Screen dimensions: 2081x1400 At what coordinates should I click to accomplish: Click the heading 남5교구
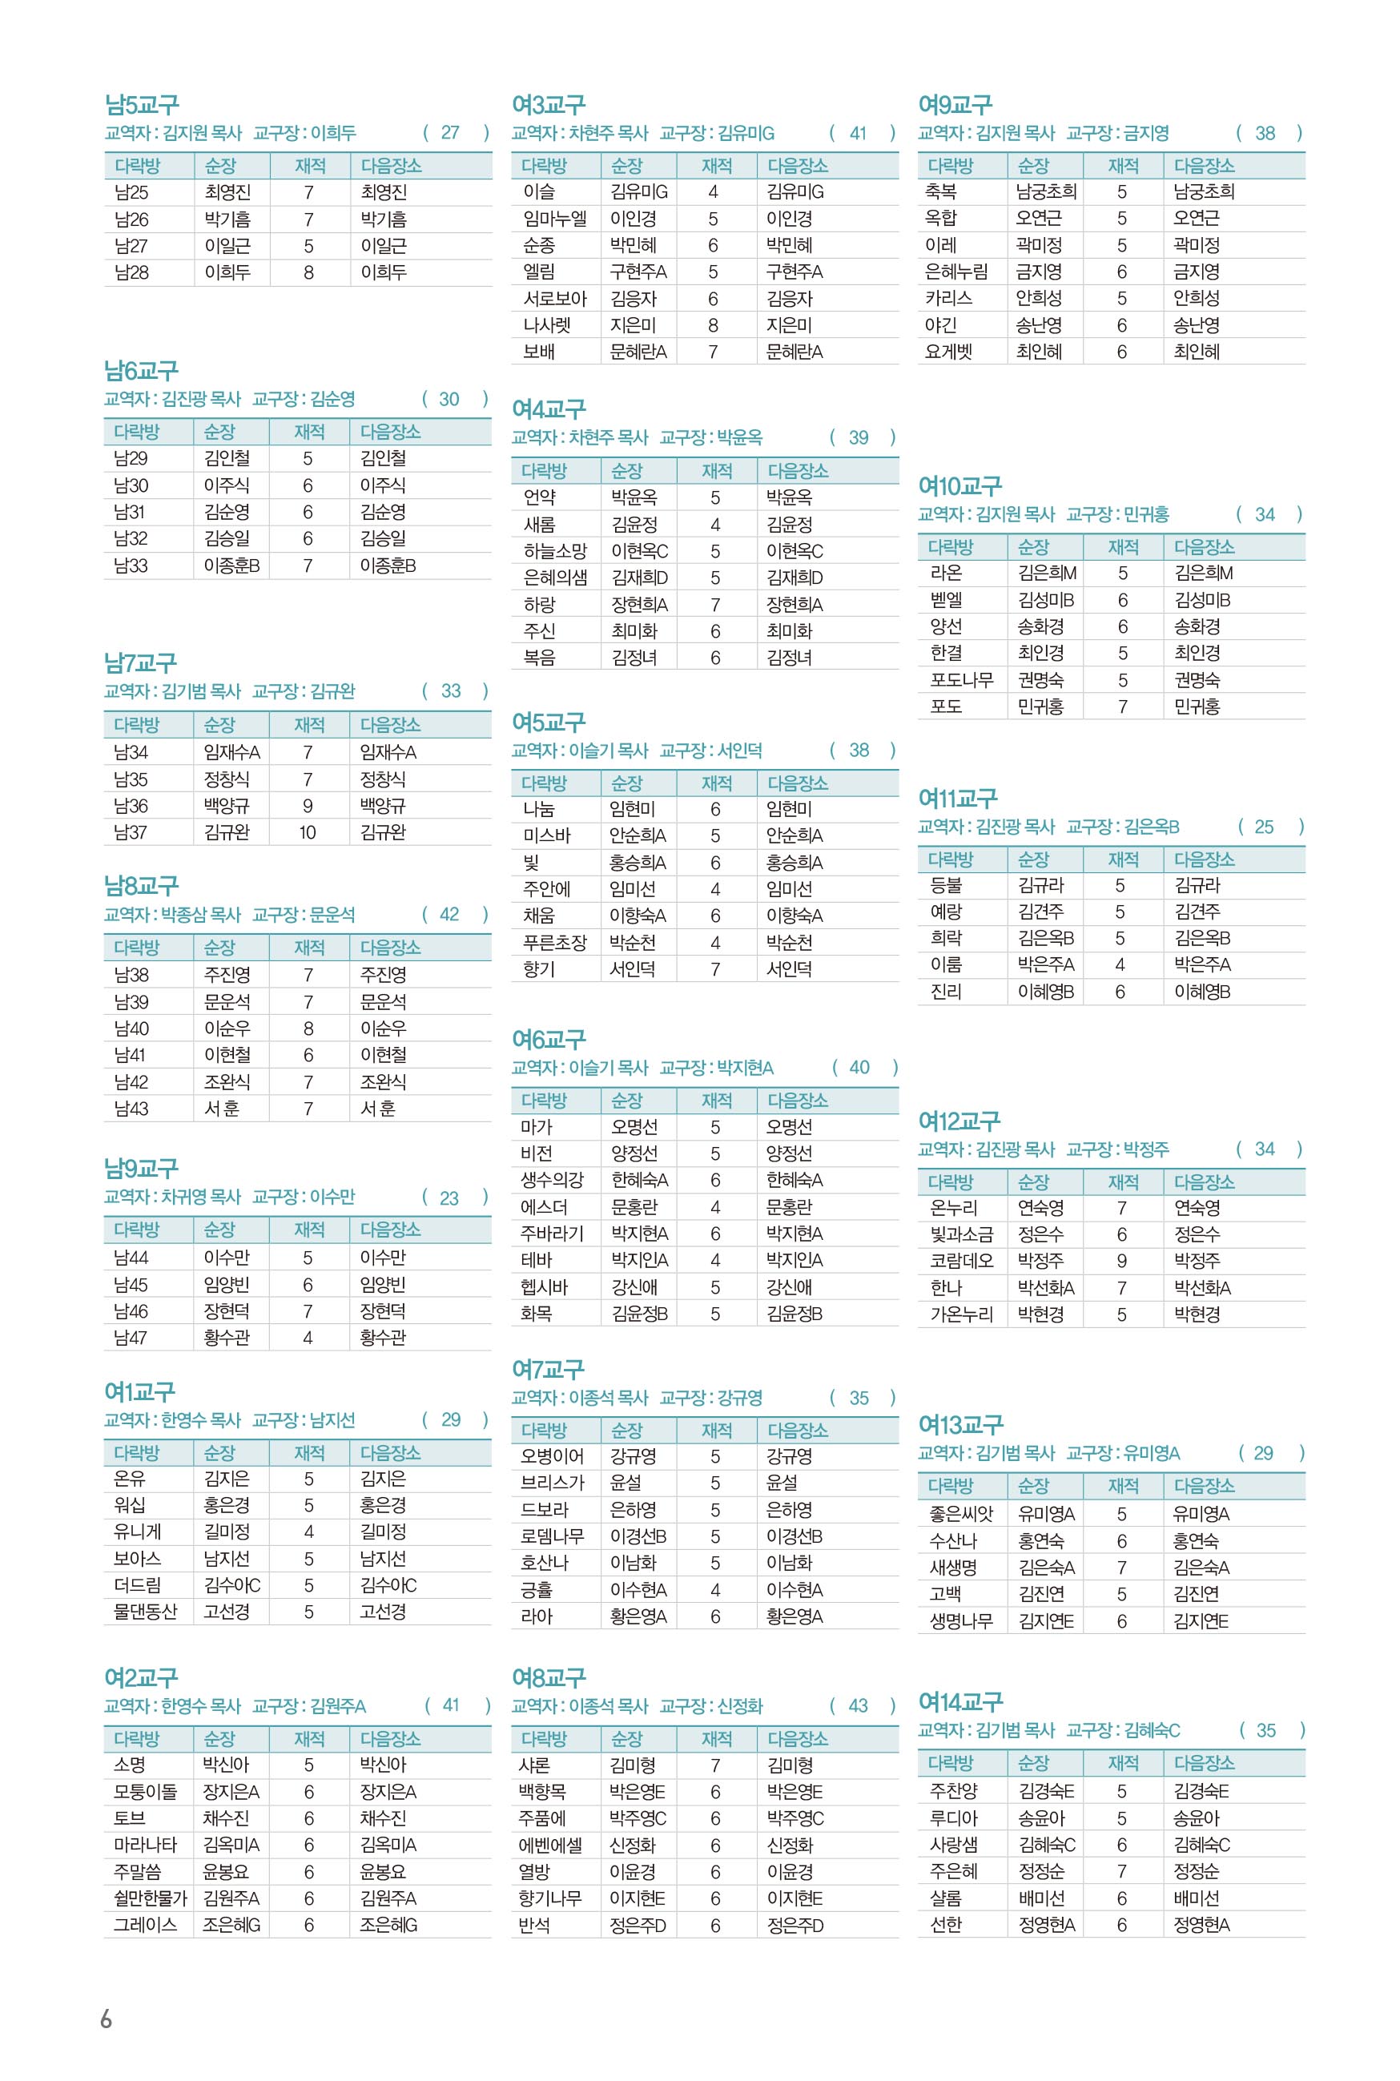(x=142, y=106)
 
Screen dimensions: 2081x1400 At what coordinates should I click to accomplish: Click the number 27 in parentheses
(x=450, y=133)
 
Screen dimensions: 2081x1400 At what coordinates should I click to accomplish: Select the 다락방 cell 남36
(x=131, y=805)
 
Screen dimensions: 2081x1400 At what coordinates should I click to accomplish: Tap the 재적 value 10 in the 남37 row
(x=307, y=832)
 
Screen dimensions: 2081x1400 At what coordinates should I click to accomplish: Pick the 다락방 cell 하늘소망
(x=554, y=551)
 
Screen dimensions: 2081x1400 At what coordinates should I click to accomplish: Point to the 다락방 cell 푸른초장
(x=554, y=942)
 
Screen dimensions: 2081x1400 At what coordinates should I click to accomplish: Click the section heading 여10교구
(x=959, y=486)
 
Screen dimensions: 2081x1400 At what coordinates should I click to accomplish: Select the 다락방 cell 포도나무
(x=962, y=679)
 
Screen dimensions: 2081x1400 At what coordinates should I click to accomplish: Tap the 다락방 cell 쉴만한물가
(x=146, y=1898)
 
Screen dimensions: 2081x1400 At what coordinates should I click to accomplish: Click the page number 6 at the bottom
(x=107, y=2019)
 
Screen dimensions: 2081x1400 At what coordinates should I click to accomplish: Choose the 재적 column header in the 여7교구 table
(x=716, y=1430)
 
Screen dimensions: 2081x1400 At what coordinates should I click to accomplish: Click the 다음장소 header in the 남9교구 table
(x=390, y=1230)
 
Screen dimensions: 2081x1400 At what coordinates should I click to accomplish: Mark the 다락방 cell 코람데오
(x=961, y=1261)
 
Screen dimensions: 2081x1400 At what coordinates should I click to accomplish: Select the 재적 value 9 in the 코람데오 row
(x=1121, y=1261)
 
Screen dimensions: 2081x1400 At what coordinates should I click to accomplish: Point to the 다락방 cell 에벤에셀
(x=550, y=1845)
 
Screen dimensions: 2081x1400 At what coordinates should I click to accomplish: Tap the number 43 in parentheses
(x=858, y=1706)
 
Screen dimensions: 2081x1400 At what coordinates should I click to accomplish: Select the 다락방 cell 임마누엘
(x=554, y=219)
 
